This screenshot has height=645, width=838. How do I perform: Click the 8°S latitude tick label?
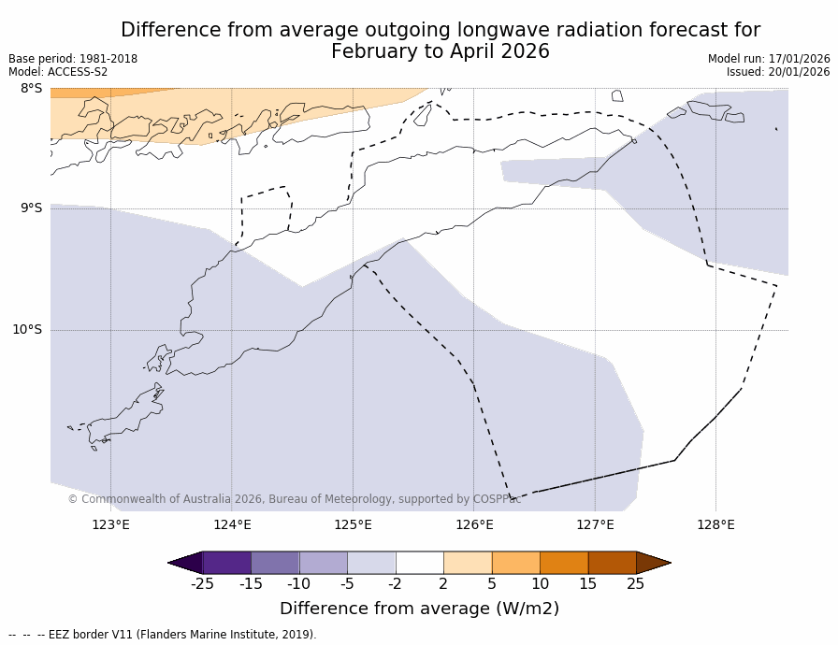pos(32,89)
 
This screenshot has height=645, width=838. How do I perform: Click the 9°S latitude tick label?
pos(32,208)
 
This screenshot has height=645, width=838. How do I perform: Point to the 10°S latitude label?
pos(27,329)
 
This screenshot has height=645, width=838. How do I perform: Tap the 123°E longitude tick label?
pos(110,524)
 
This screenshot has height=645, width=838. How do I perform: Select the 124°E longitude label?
pos(232,524)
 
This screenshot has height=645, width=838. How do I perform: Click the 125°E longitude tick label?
pos(353,524)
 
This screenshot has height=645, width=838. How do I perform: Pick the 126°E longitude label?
pos(474,524)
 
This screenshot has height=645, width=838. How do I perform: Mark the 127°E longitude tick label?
pos(595,524)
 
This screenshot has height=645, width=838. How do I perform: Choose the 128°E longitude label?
pos(715,524)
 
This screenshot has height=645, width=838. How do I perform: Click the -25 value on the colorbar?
pos(202,584)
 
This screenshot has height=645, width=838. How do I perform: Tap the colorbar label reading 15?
pos(587,584)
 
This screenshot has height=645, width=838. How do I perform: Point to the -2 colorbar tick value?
pos(395,584)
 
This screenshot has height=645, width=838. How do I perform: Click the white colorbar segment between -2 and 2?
pos(419,562)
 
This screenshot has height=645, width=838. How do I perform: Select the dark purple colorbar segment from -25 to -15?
pos(226,562)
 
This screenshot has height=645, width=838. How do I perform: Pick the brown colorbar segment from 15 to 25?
pos(612,562)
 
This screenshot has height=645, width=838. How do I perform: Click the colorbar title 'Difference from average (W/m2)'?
pos(419,609)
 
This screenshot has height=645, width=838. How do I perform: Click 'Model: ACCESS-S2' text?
pos(58,72)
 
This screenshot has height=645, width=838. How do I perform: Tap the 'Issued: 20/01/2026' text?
pos(778,72)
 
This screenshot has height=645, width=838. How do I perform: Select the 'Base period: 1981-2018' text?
pos(73,59)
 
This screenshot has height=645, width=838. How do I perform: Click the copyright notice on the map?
pos(294,499)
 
